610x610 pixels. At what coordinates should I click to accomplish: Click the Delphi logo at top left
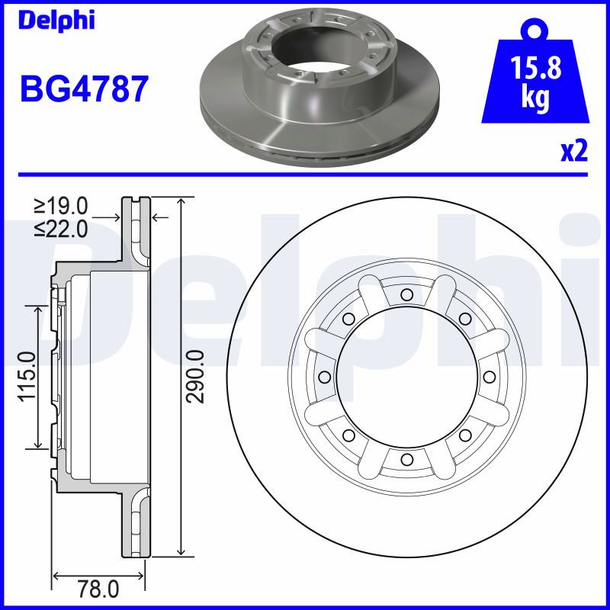click(x=56, y=21)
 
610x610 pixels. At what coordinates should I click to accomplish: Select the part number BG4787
click(x=84, y=88)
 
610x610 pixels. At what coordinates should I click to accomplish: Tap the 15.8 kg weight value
click(x=535, y=81)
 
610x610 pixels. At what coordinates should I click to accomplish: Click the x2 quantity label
click(x=574, y=151)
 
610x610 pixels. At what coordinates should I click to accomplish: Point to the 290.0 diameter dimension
click(x=195, y=376)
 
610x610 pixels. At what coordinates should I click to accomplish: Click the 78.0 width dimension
click(x=98, y=589)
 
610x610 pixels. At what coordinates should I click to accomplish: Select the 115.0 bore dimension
click(x=27, y=376)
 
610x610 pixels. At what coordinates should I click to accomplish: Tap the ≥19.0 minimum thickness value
click(x=61, y=206)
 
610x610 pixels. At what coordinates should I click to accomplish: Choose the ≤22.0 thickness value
click(x=61, y=230)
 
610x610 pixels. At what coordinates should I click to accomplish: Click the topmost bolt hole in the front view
click(x=406, y=294)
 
